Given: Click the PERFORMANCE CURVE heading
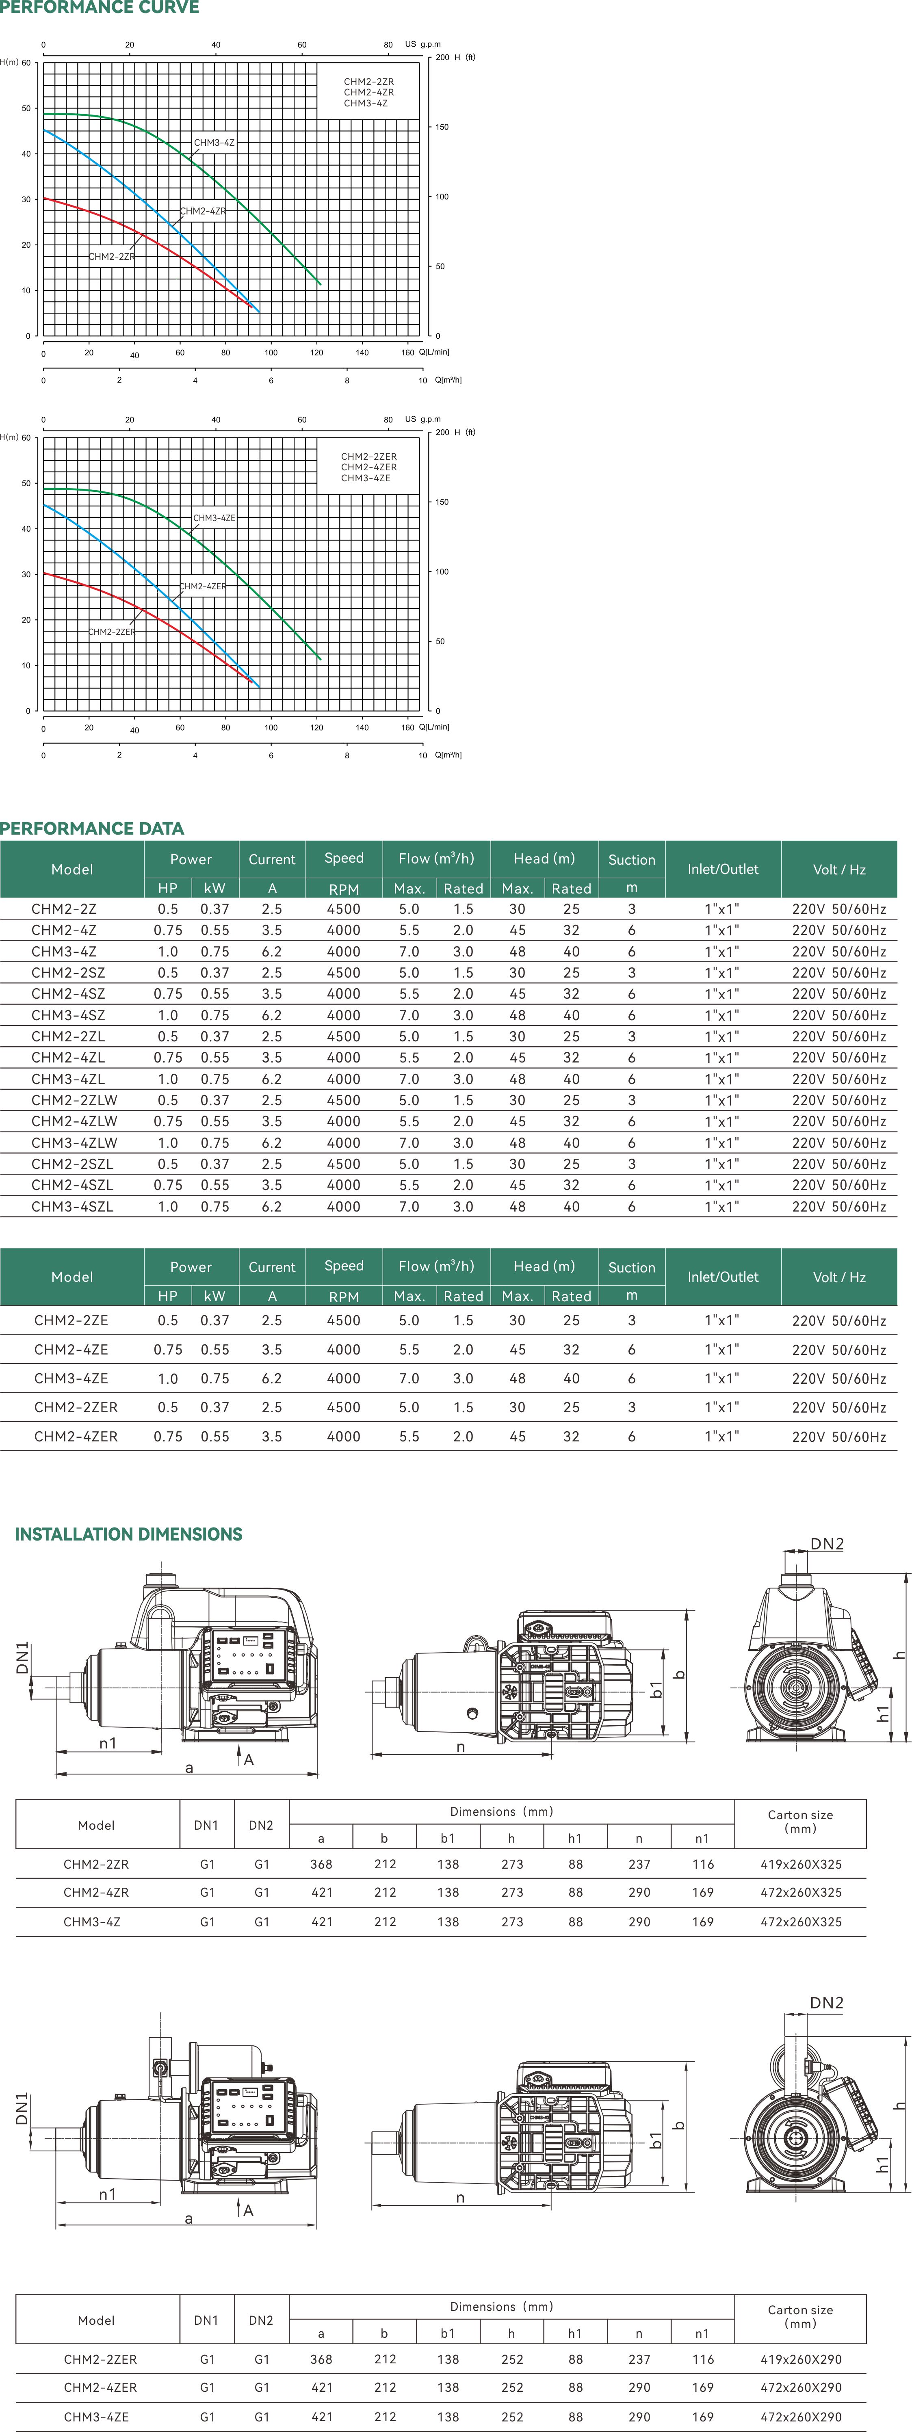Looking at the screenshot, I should (99, 8).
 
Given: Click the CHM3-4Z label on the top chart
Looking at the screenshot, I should (214, 143).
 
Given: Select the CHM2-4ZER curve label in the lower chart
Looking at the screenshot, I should (204, 586).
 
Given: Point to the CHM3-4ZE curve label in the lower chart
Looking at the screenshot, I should (214, 518).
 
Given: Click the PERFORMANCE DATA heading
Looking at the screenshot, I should (91, 828).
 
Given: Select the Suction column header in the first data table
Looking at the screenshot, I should (632, 859).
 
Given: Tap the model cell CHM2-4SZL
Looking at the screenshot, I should (72, 1185).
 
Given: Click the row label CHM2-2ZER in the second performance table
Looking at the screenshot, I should (76, 1407).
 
